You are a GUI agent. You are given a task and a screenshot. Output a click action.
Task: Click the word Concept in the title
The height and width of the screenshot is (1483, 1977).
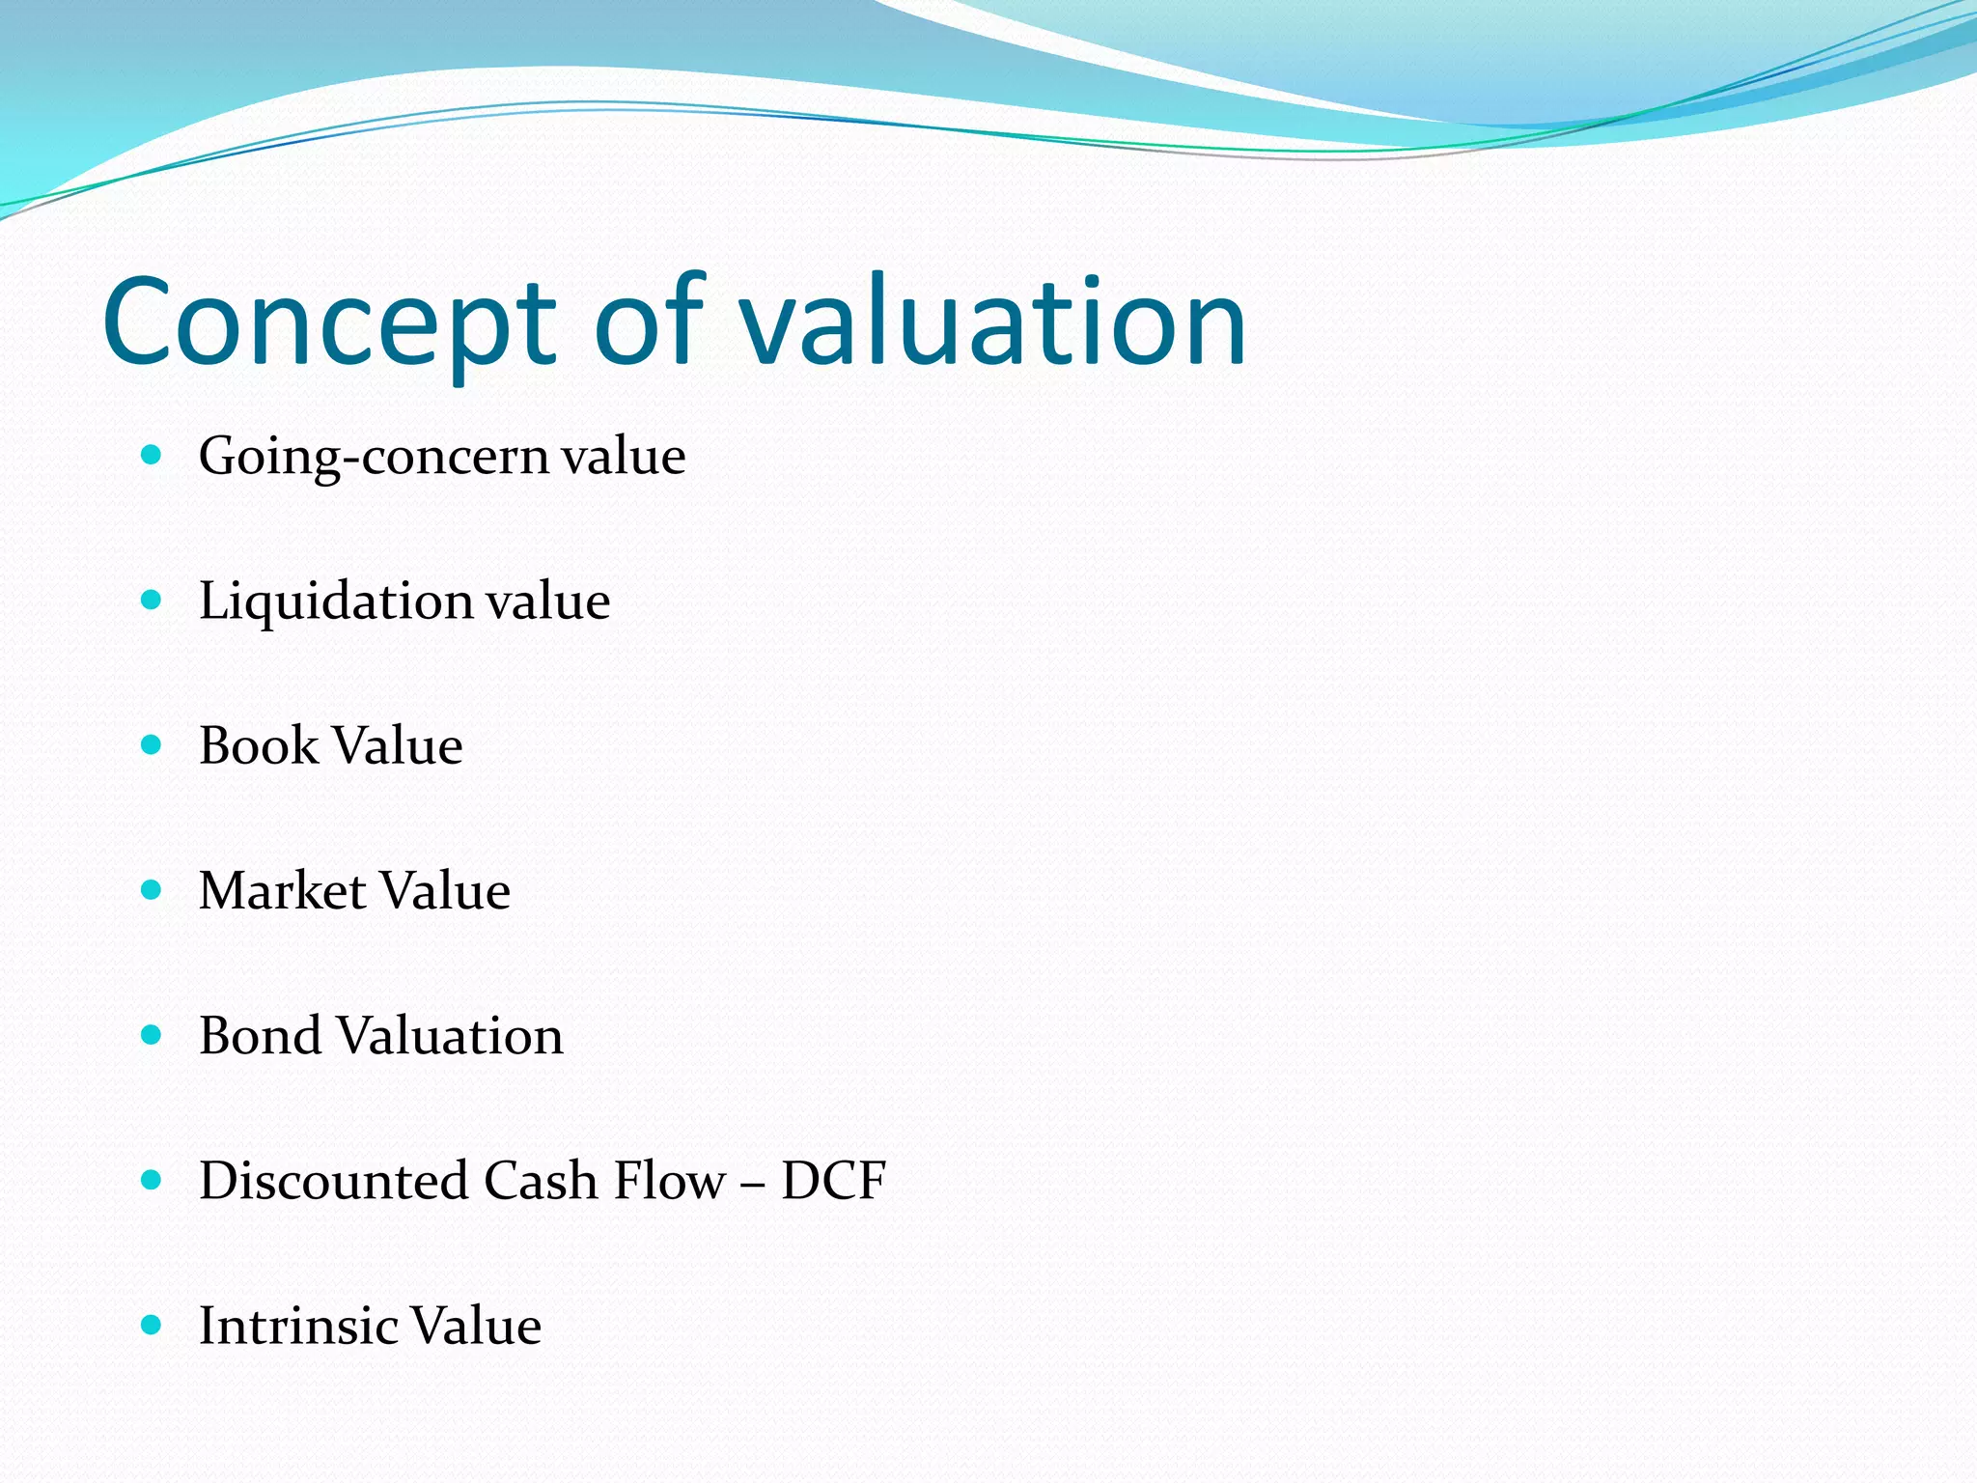329,323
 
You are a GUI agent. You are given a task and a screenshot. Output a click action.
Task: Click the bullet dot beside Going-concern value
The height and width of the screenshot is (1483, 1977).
151,455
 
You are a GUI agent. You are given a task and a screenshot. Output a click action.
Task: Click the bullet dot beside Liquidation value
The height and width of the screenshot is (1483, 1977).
151,601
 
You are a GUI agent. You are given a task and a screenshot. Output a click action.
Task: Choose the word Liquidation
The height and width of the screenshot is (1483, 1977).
335,602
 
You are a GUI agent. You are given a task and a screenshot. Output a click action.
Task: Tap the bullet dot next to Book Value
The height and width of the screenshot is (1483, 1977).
151,745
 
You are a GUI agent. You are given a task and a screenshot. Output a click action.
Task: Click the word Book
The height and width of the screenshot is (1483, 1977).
258,746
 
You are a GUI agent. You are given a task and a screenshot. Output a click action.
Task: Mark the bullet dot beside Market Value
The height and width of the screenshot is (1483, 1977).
151,890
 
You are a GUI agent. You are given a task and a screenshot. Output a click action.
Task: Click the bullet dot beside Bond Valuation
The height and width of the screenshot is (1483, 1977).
151,1035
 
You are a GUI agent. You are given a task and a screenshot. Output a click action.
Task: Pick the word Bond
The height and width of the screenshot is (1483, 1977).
260,1036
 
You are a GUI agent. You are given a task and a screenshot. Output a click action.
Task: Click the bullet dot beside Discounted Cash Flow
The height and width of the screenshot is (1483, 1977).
151,1180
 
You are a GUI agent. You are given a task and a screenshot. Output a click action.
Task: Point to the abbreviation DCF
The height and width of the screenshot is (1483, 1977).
833,1181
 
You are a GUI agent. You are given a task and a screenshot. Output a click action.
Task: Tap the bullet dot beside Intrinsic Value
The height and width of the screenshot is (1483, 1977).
151,1325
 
